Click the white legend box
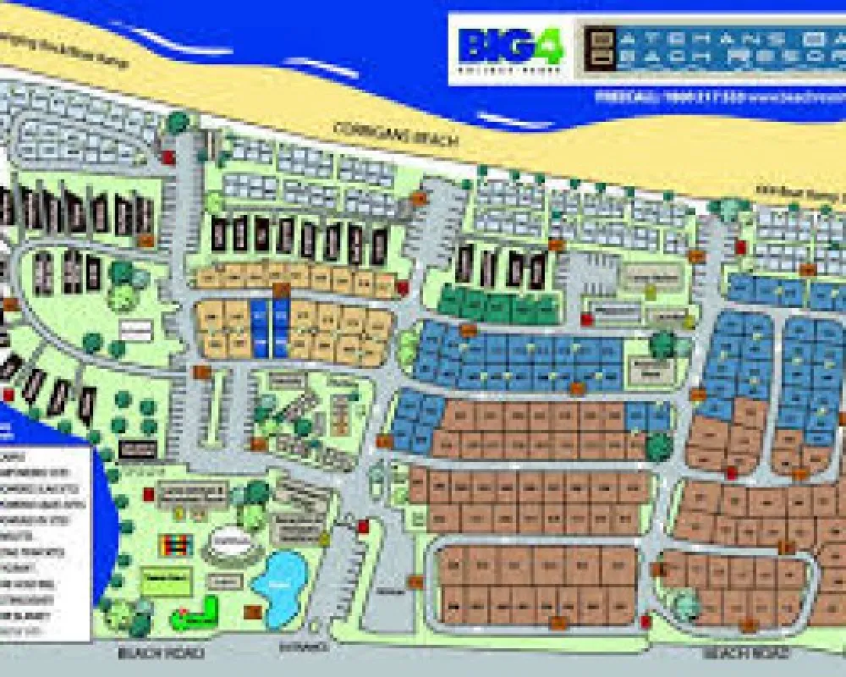click(46, 542)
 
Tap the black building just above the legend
click(138, 448)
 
